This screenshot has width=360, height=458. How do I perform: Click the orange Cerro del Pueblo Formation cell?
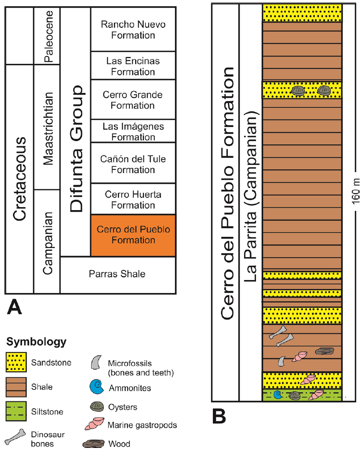click(x=133, y=235)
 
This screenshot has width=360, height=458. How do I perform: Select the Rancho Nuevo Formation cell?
click(x=133, y=29)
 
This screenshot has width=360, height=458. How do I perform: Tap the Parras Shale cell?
click(x=117, y=274)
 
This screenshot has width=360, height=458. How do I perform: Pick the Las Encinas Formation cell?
click(x=133, y=66)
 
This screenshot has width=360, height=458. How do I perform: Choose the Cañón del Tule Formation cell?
click(x=133, y=164)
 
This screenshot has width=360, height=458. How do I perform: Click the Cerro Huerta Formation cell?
click(x=133, y=200)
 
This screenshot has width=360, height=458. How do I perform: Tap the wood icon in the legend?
click(x=97, y=444)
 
